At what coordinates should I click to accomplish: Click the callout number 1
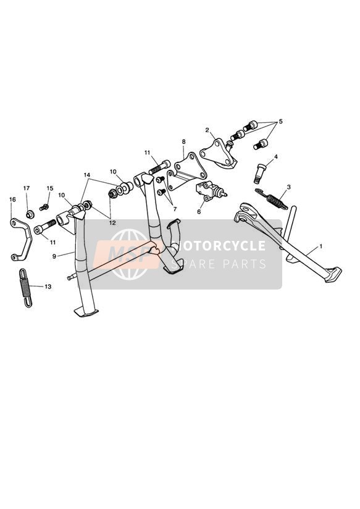(x=320, y=246)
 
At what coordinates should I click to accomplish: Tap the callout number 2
(x=207, y=130)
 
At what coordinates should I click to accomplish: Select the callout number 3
(x=288, y=187)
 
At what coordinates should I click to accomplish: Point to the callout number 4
(x=275, y=157)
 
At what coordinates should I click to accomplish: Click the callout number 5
(x=281, y=122)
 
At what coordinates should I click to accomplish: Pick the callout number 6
(x=199, y=212)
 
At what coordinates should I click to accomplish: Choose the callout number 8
(x=183, y=141)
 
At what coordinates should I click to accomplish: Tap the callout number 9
(x=54, y=256)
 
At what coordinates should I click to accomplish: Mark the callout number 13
(x=48, y=287)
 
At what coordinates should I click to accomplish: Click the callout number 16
(x=12, y=200)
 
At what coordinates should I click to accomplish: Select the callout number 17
(x=27, y=188)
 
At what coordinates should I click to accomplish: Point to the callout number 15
(x=49, y=188)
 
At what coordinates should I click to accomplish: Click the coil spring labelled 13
(x=26, y=288)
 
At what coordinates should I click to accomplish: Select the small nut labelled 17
(x=30, y=214)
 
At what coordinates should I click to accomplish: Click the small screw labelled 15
(x=44, y=207)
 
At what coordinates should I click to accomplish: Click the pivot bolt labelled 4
(x=259, y=174)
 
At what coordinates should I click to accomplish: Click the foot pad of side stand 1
(x=333, y=274)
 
